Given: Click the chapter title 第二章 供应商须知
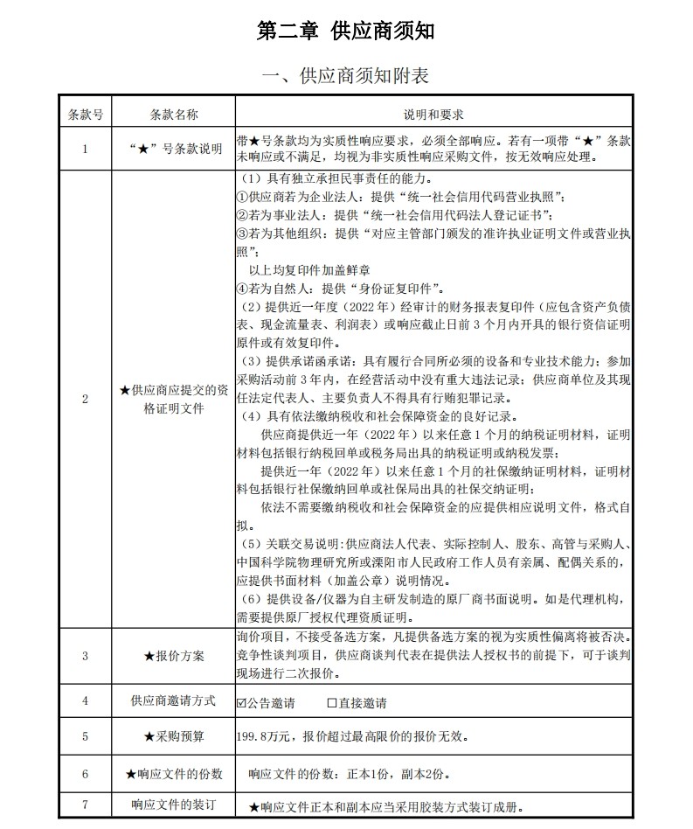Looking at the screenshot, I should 346,31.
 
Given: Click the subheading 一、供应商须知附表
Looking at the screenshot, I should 346,76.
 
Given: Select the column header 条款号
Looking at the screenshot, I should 86,115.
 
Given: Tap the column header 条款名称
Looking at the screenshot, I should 174,115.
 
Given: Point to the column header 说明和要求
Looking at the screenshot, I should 433,115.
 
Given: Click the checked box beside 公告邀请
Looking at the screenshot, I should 242,703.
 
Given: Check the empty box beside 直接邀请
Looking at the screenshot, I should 331,703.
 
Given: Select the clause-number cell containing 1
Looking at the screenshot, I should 86,149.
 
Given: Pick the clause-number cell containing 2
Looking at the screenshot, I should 86,399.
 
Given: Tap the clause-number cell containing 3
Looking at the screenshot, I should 86,656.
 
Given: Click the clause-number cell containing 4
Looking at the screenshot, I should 86,701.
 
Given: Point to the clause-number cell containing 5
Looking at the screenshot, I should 86,736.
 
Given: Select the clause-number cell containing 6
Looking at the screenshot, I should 86,774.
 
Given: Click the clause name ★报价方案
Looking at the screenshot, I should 174,656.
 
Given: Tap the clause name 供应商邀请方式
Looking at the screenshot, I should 174,701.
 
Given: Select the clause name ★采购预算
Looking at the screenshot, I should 174,736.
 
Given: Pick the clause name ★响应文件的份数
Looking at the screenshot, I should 174,774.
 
